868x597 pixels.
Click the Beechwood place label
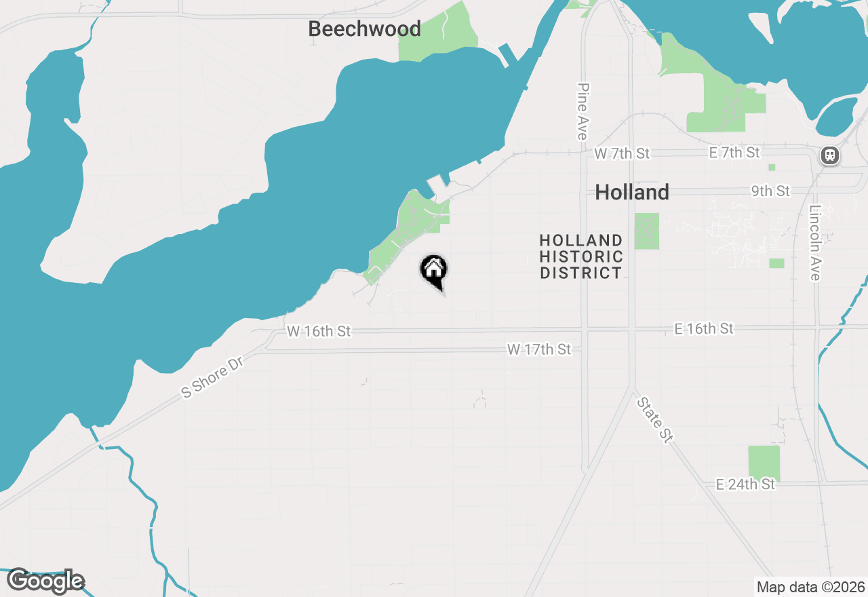click(364, 29)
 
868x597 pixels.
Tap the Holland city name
click(632, 193)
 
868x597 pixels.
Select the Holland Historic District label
click(581, 256)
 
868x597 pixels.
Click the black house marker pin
click(434, 271)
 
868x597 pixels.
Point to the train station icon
click(829, 155)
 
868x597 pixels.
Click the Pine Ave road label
click(582, 111)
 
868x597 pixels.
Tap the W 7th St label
click(622, 154)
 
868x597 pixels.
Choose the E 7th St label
click(734, 153)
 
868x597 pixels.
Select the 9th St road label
click(770, 191)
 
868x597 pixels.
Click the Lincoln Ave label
click(815, 242)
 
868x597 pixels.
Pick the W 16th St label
click(319, 331)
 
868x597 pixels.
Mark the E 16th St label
click(704, 328)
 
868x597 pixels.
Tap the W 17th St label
click(539, 349)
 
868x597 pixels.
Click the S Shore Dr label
click(212, 378)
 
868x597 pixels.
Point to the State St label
click(654, 421)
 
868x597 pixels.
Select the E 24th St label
click(745, 484)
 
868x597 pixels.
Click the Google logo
click(45, 581)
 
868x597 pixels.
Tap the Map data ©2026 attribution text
click(810, 587)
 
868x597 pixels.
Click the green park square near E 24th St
click(764, 463)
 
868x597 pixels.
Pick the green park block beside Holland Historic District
click(646, 231)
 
